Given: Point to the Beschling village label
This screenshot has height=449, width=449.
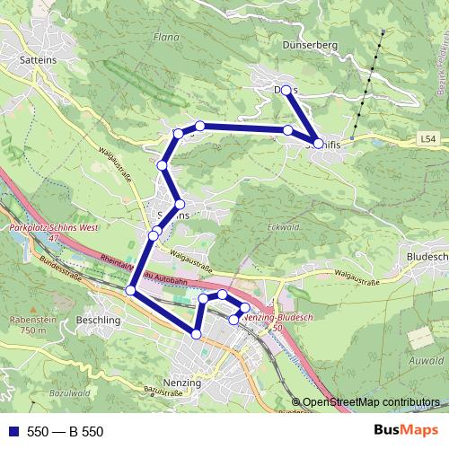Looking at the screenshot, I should tap(99, 320).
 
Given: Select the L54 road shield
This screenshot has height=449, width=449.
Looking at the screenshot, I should tap(429, 139).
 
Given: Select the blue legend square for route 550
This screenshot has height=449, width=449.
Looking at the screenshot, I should tap(11, 432).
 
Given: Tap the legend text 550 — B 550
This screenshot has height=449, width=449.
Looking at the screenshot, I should tap(66, 432).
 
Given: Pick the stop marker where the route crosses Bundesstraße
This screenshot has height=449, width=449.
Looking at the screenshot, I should tap(131, 290).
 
